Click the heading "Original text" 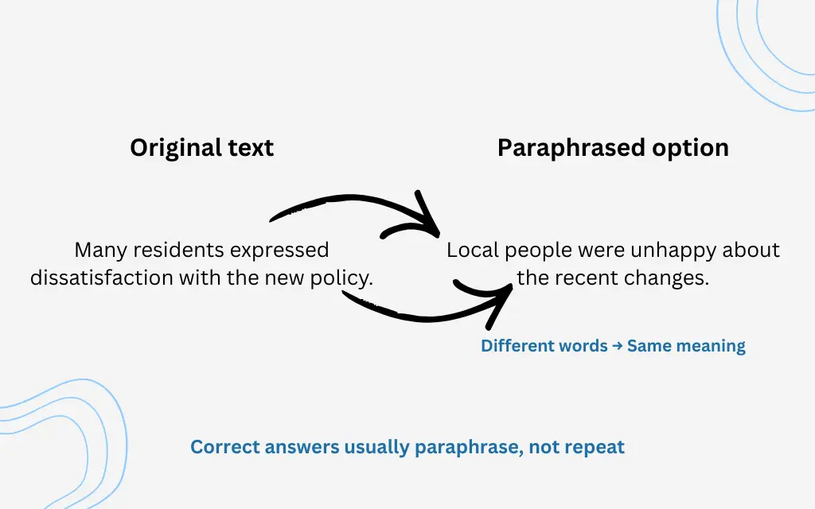pos(202,148)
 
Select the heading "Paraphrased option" pos(613,148)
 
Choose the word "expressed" pos(279,250)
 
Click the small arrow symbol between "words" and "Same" pos(618,346)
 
